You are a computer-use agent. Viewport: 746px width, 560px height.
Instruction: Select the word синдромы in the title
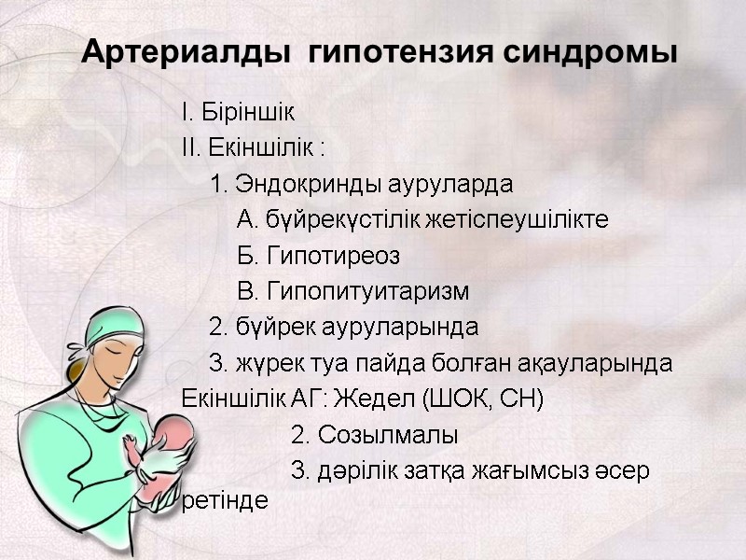[x=591, y=53]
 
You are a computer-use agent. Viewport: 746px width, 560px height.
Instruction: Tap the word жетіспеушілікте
[x=528, y=220]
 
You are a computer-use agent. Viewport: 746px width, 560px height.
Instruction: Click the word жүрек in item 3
[x=266, y=363]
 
